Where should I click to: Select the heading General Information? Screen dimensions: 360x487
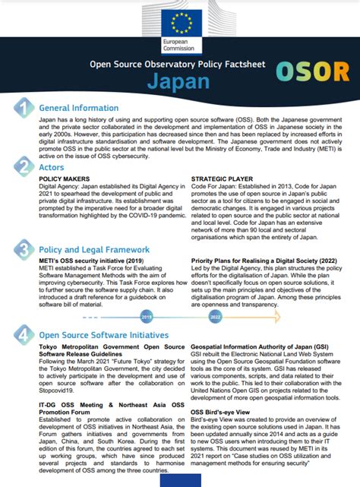tap(79, 108)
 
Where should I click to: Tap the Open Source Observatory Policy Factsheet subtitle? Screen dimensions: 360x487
tap(178, 64)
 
